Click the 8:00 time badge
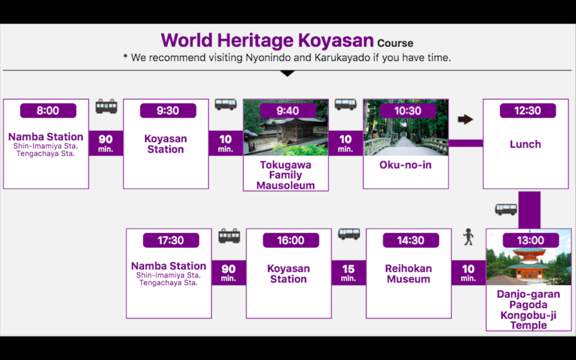click(x=48, y=111)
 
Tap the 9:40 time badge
click(x=288, y=111)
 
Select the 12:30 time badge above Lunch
click(x=528, y=111)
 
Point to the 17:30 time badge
click(x=171, y=240)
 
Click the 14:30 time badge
click(x=411, y=240)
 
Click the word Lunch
click(x=525, y=144)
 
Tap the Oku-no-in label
click(x=406, y=165)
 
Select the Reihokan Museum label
click(x=408, y=274)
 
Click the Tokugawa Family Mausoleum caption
click(x=286, y=175)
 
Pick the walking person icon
click(x=468, y=237)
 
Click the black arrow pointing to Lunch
click(x=465, y=119)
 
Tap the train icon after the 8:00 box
click(x=106, y=106)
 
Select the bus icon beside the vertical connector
click(x=506, y=209)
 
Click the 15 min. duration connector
click(x=349, y=273)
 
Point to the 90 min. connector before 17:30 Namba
click(x=228, y=273)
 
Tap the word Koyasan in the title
click(x=336, y=40)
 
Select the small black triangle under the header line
click(x=287, y=73)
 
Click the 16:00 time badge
click(x=291, y=240)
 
